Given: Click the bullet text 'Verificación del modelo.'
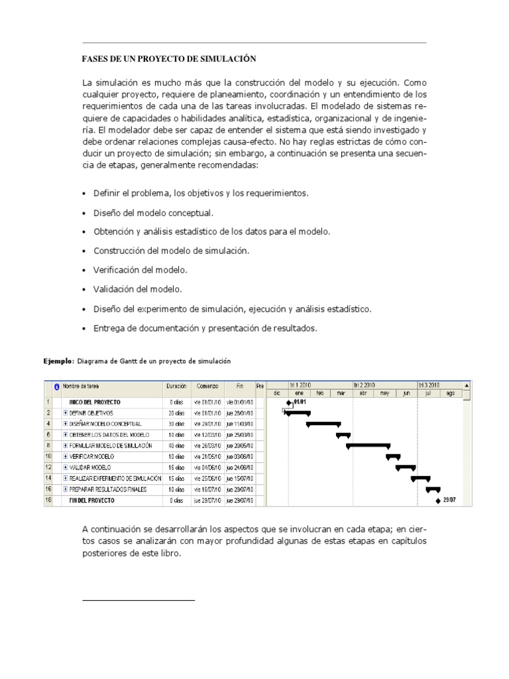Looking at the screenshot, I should tap(140, 270).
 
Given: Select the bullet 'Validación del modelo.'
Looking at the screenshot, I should tap(137, 289).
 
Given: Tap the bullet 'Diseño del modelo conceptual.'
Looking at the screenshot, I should tap(153, 213).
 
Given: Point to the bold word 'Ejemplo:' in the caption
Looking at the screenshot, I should tap(60, 361).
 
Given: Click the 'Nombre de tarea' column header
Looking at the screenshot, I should tap(81, 385).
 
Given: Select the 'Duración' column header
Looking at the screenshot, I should tap(176, 385).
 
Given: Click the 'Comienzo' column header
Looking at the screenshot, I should tap(207, 385).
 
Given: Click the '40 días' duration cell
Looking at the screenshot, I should tap(176, 446).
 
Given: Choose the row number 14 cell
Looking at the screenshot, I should tap(48, 478).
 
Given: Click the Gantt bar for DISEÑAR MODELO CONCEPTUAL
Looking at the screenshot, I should tap(323, 424).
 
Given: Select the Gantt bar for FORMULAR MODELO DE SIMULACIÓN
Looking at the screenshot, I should tap(367, 446).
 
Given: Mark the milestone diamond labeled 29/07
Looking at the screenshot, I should tap(438, 501).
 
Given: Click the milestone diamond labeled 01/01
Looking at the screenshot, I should tap(288, 402).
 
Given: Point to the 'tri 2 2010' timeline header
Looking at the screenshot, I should tap(365, 385).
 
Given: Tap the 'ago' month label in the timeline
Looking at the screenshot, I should tap(451, 393).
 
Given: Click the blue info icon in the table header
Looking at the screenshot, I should tap(57, 386).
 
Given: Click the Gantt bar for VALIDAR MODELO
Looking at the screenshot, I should tap(405, 467).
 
